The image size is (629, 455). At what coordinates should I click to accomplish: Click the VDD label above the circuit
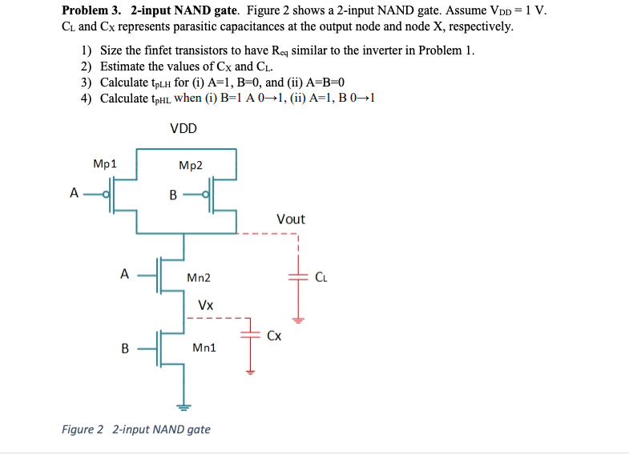point(183,128)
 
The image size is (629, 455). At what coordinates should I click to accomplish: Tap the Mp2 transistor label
point(191,166)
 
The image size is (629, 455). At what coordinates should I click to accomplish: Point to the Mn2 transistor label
point(198,278)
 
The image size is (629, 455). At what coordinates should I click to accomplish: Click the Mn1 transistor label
point(204,348)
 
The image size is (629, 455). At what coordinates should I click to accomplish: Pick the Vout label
point(290,219)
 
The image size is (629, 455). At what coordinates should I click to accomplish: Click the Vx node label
point(206,305)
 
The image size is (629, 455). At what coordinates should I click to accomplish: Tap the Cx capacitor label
point(274,336)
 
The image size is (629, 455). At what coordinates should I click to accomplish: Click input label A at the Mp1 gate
point(75,193)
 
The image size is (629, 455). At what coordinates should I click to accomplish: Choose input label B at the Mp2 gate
point(172,194)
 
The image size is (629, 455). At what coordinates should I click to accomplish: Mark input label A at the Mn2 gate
point(124,274)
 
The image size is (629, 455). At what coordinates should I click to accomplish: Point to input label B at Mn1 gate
point(124,348)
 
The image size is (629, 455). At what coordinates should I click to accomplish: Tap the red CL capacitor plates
point(297,276)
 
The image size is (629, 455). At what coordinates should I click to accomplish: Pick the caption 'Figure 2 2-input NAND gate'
point(136,429)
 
